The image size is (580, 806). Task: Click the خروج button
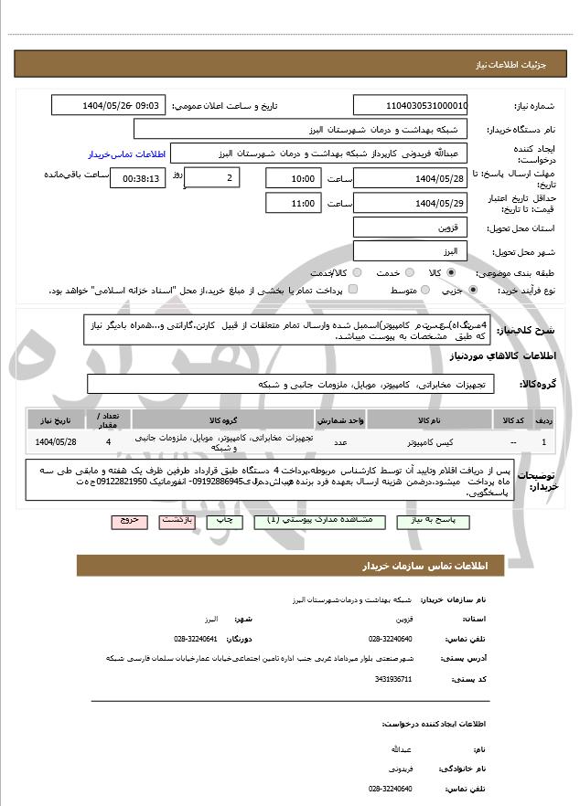129,520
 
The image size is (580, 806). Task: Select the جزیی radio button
472,291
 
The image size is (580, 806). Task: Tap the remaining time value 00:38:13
137,178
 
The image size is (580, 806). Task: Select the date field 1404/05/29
410,203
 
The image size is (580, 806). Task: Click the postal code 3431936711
394,679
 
